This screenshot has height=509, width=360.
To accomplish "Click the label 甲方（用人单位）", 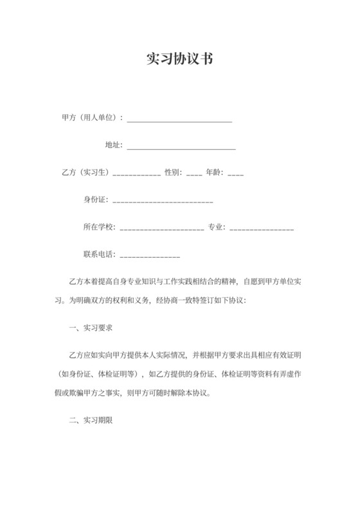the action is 91,118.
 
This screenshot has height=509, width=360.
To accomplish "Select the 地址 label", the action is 113,145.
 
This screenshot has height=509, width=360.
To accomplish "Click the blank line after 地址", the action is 181,148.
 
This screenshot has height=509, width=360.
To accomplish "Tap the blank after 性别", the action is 194,175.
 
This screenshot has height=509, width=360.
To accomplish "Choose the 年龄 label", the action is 215,172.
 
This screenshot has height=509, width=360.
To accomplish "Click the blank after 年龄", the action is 235,175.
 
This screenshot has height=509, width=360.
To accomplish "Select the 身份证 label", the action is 96,200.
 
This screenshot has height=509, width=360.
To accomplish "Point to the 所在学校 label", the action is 99,227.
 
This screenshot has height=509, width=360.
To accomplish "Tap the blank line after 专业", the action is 262,229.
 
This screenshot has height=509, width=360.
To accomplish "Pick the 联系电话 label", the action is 99,254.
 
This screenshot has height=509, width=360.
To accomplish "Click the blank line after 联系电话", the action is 150,257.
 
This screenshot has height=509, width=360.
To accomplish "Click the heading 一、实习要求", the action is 91,327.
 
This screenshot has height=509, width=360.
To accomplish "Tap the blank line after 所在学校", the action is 162,229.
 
